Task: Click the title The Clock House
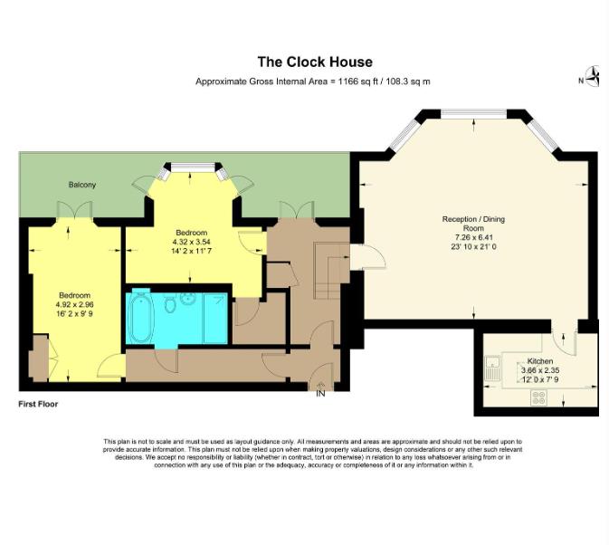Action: pos(315,62)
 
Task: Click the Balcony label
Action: pos(82,185)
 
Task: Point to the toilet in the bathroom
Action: pos(170,302)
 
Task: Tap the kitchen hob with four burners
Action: pos(539,397)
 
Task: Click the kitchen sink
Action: pos(493,368)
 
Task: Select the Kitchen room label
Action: pos(540,361)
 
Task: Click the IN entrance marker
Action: pos(320,394)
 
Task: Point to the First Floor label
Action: pos(38,404)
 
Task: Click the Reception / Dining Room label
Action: pos(473,224)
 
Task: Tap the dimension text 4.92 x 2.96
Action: pos(74,304)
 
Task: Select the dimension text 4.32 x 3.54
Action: pos(192,242)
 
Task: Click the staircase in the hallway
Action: pos(329,271)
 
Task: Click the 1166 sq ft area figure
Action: pos(357,81)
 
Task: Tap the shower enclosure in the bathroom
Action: pos(215,318)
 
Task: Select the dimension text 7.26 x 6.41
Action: pos(473,237)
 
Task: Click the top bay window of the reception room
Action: pos(473,113)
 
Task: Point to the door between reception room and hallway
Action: pos(367,257)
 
